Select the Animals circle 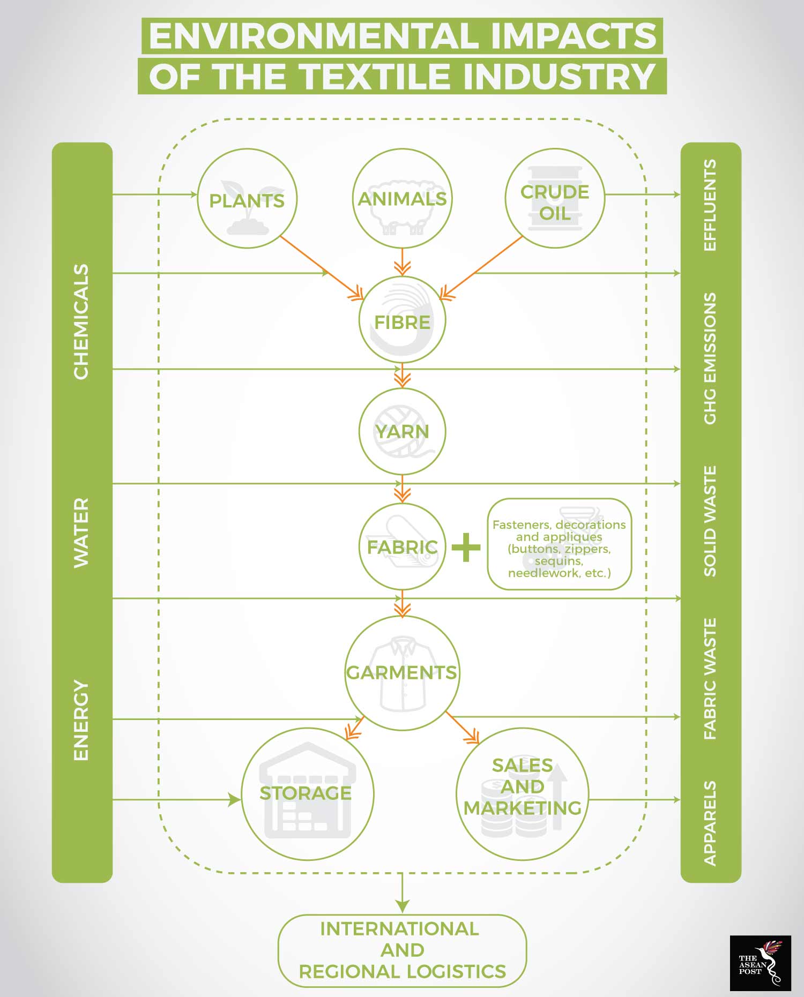pos(402,198)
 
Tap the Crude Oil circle pos(555,198)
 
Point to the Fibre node pos(402,320)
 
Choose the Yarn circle pos(402,431)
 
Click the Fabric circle pos(402,546)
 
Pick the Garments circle pos(402,673)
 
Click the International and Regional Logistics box pos(402,950)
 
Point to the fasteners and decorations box pos(560,544)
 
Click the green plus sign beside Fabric pos(466,548)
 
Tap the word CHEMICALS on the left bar pos(81,321)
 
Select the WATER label pos(81,533)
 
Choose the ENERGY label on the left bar pos(81,720)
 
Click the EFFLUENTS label pos(710,205)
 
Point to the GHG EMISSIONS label pos(710,358)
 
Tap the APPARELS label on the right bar pos(710,823)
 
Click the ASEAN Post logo pos(760,963)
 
